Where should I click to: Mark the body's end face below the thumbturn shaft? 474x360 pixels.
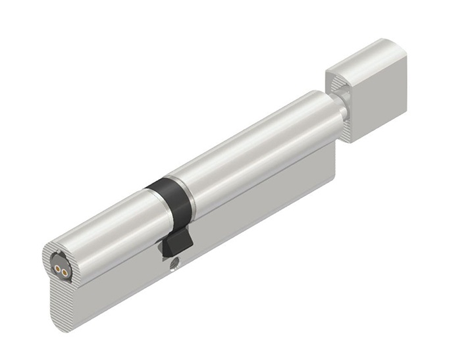pyautogui.click(x=332, y=158)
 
